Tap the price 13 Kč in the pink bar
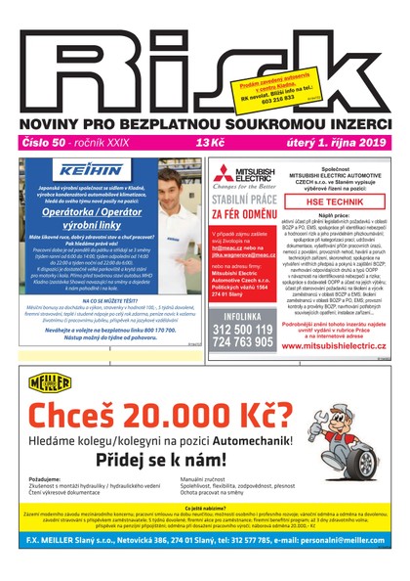(x=208, y=144)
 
